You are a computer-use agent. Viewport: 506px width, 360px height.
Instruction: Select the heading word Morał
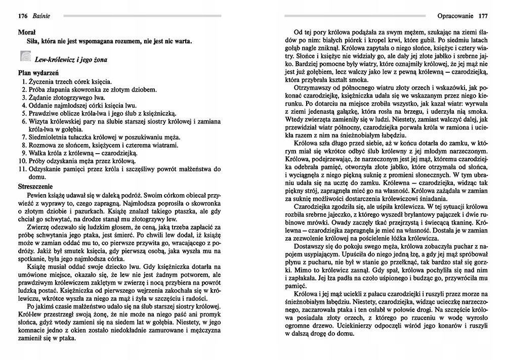26,32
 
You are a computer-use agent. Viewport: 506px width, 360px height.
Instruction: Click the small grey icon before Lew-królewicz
24,57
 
